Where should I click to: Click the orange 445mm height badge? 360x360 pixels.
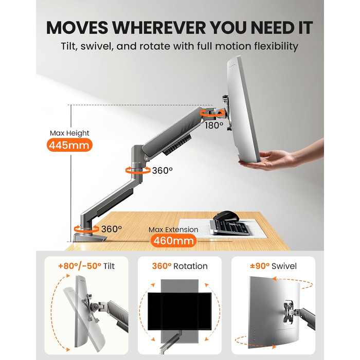point(69,145)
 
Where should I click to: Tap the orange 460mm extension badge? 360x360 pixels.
point(174,241)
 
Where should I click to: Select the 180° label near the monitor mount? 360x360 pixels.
point(214,125)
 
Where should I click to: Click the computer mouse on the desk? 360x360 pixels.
point(226,216)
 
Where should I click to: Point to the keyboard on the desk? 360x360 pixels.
point(230,227)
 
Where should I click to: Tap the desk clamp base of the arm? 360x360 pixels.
point(90,238)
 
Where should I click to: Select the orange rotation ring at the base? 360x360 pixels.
point(86,229)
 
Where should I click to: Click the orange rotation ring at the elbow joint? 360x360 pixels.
point(138,170)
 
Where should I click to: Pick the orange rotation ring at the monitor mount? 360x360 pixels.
point(212,113)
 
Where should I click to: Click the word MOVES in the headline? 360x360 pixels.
point(77,28)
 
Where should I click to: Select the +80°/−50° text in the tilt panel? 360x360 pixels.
point(80,266)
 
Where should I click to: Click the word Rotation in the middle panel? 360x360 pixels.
point(191,266)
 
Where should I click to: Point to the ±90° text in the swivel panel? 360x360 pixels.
point(260,266)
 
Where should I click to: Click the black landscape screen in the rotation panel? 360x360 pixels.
point(179,311)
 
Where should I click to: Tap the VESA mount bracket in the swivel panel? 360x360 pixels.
point(289,312)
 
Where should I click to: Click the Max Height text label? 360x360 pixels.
point(69,133)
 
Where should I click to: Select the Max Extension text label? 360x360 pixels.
point(173,229)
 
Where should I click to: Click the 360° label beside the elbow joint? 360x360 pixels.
point(163,171)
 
